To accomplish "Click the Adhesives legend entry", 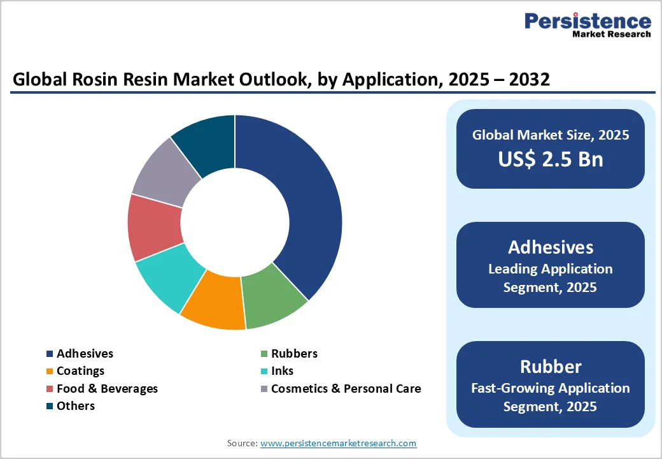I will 85,353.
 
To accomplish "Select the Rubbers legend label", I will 294,353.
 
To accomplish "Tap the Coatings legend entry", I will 80,370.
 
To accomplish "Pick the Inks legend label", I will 282,370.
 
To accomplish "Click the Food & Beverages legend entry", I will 107,388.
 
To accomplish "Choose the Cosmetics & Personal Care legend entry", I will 346,388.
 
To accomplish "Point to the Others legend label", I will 75,405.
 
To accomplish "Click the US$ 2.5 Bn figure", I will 551,159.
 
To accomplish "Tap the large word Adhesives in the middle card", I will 551,247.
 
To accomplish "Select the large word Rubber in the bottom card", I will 551,367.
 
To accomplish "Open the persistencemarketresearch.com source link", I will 338,443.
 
